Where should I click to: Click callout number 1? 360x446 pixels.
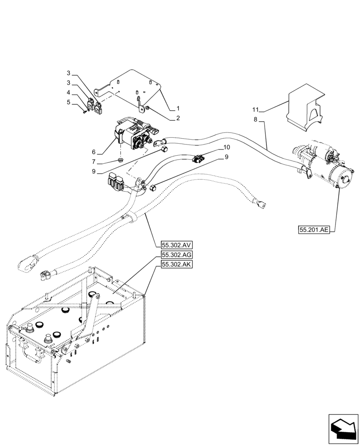[178, 108]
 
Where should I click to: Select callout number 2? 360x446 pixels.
[178, 118]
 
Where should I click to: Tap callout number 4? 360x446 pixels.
[68, 93]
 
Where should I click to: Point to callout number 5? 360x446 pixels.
[68, 102]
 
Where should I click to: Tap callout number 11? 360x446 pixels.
[256, 110]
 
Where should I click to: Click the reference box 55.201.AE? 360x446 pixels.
[314, 230]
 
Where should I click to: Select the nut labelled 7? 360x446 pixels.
[121, 160]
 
